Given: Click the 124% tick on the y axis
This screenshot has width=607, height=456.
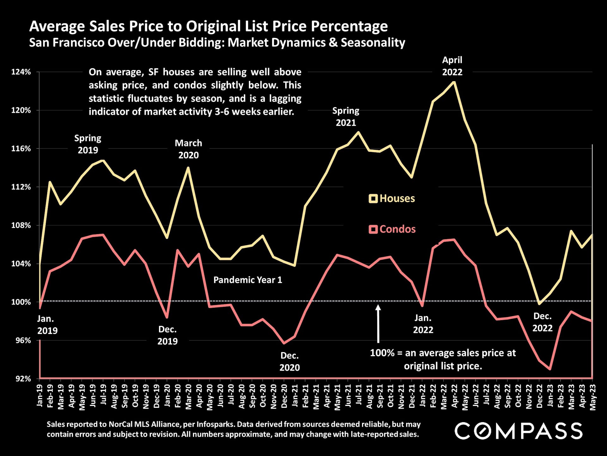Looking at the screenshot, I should [x=21, y=72].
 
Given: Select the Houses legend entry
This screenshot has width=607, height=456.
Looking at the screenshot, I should [x=392, y=199].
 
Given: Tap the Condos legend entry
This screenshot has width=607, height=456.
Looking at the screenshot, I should [x=392, y=229].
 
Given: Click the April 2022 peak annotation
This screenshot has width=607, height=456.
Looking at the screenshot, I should [x=452, y=66].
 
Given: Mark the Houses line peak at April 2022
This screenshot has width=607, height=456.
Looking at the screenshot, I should [x=454, y=82].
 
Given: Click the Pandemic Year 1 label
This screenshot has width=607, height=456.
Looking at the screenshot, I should [x=248, y=280].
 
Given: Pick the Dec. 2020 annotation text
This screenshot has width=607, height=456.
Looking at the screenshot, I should [x=290, y=361].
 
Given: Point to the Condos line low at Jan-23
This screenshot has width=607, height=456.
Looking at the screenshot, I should [x=550, y=369].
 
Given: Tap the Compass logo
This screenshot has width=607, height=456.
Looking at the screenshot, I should [x=518, y=431].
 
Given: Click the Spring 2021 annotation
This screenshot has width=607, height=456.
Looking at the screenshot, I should [x=346, y=117].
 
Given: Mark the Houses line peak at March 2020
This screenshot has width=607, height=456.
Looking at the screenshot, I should [x=188, y=168].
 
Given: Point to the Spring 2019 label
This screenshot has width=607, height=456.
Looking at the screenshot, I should [x=88, y=144].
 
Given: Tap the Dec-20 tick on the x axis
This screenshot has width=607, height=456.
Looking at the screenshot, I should [x=285, y=396].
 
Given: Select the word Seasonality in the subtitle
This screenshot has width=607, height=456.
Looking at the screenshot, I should [x=373, y=42].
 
